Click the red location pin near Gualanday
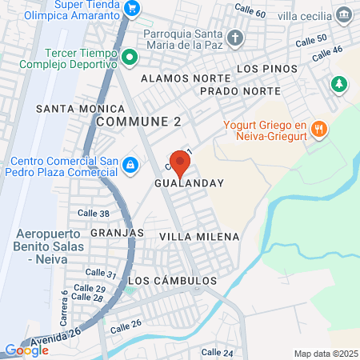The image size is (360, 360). coord(180,163)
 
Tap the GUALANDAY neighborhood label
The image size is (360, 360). coord(190,183)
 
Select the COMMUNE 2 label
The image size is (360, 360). coord(138,121)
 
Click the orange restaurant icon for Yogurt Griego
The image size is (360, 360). coord(318,128)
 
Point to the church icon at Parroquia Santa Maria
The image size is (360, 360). coord(235,38)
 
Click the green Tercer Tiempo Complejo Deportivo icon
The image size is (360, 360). coord(129,56)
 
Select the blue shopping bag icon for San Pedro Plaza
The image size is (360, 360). coord(130,166)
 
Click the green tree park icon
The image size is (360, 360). coord(340,83)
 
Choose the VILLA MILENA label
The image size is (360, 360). coord(199,238)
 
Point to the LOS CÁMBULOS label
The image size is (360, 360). coord(172,282)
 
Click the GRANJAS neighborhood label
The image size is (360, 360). coord(122,232)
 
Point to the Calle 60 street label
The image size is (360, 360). coord(250,12)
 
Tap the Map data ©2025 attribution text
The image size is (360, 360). coord(325,354)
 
